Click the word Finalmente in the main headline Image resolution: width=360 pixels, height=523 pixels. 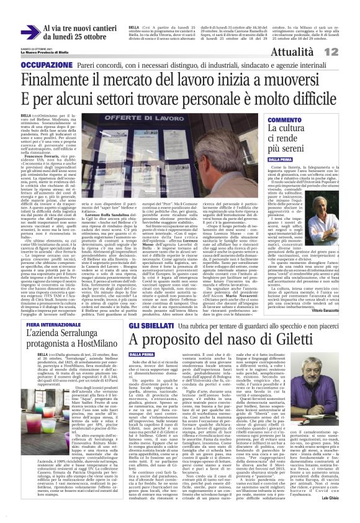click(x=65, y=80)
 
